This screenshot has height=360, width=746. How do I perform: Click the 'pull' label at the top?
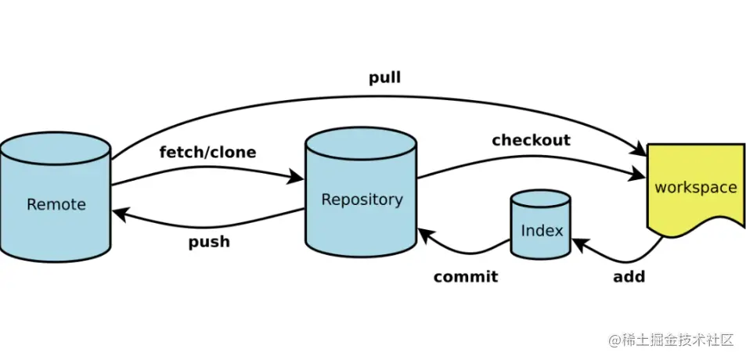tap(384, 78)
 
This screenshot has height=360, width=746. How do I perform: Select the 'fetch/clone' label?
tap(207, 152)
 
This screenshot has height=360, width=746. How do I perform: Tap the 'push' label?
tap(209, 241)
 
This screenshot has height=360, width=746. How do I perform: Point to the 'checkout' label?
tap(531, 140)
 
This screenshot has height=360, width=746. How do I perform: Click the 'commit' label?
tap(465, 276)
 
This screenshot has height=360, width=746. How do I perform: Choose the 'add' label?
tap(629, 276)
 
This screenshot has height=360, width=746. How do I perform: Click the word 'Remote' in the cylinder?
tap(56, 204)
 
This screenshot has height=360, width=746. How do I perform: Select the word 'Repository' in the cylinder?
tap(362, 200)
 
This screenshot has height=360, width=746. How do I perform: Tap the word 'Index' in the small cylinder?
tap(542, 231)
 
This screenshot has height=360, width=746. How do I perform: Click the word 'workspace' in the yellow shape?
tap(695, 188)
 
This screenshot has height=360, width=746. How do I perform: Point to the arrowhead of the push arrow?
tap(119, 212)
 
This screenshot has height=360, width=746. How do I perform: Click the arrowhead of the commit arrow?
tap(424, 232)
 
